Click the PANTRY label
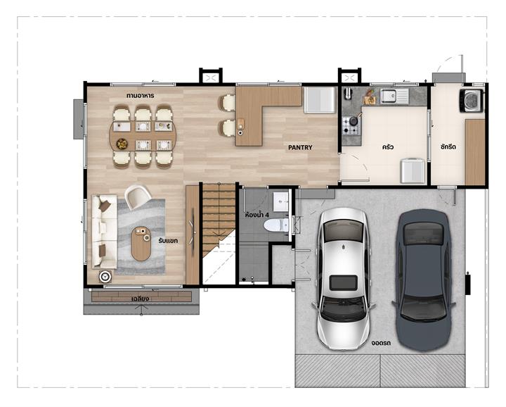(300, 147)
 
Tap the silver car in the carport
(344, 279)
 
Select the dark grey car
(424, 280)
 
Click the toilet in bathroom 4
(276, 225)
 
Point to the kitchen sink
(394, 95)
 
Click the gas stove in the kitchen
(351, 125)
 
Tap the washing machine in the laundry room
(472, 101)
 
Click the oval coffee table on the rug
(141, 244)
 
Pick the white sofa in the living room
(104, 232)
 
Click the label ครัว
(387, 147)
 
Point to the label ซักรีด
(448, 146)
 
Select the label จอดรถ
(381, 343)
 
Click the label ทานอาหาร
(140, 96)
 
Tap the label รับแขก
(168, 241)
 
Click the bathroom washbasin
(280, 201)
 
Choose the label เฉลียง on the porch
(140, 299)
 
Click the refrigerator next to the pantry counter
(320, 99)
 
